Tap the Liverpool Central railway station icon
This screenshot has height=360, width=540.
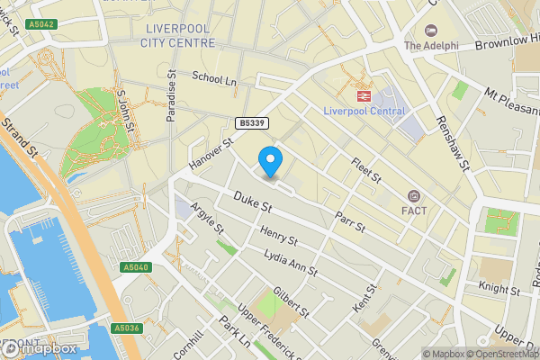(x=363, y=94)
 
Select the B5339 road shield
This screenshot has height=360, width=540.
(x=253, y=122)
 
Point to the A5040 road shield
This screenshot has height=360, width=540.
(x=136, y=267)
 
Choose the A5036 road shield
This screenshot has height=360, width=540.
(x=127, y=328)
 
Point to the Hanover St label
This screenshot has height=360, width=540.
(x=211, y=153)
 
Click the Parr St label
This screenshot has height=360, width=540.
(x=348, y=221)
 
